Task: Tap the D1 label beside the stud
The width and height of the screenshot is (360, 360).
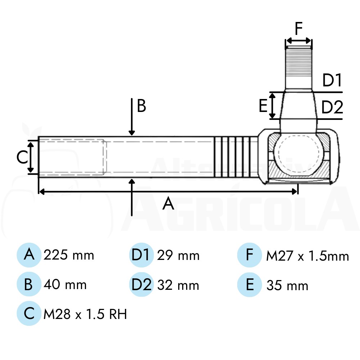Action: pos(332,80)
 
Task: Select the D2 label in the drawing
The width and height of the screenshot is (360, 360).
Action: pos(332,107)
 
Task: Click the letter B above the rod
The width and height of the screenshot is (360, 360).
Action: pos(141,106)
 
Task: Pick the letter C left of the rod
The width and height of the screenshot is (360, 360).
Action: pos(22,158)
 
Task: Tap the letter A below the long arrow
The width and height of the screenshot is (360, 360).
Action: pos(168,203)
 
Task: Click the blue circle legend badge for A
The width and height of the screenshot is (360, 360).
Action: pos(29,255)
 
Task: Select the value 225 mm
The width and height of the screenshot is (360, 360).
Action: pos(69,255)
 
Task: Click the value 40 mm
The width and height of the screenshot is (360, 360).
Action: pos(65,284)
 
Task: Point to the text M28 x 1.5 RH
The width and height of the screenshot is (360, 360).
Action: pos(85,314)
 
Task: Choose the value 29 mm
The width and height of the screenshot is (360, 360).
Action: pos(178,255)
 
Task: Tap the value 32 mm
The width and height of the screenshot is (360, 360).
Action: pos(178,285)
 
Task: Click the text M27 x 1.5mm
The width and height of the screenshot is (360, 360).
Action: pos(308,256)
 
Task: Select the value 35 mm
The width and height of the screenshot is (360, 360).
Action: pos(287,285)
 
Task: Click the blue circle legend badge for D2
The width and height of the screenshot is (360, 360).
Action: pos(141,284)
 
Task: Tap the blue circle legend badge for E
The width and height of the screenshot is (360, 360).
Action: pos(249,285)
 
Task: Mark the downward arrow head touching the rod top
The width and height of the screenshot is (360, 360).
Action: pos(131,133)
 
